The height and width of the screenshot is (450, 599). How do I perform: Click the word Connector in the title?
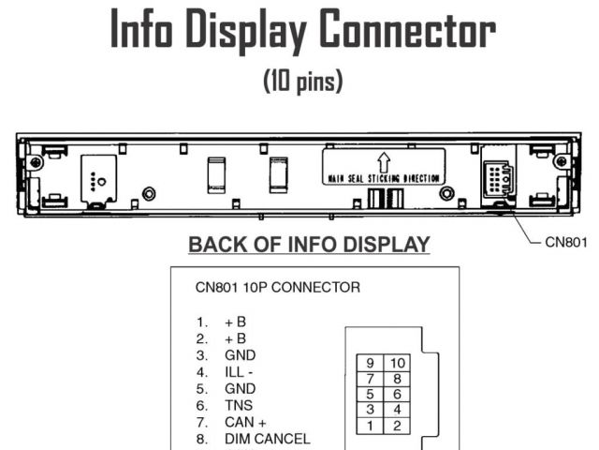click(409, 30)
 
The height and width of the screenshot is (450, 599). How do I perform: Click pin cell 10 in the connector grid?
click(396, 362)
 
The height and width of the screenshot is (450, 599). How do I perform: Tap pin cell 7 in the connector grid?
click(373, 378)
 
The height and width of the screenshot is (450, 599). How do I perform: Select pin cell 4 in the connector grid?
click(396, 410)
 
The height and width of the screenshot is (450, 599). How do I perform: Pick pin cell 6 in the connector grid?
click(396, 394)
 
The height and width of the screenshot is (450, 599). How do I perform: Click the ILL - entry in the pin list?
click(240, 371)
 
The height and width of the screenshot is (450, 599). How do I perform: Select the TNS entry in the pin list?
click(239, 405)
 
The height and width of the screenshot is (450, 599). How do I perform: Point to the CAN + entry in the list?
click(245, 422)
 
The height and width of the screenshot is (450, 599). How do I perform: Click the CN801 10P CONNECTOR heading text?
click(277, 288)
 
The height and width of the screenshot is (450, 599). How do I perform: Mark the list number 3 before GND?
click(200, 355)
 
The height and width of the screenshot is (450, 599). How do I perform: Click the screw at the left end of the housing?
click(36, 162)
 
